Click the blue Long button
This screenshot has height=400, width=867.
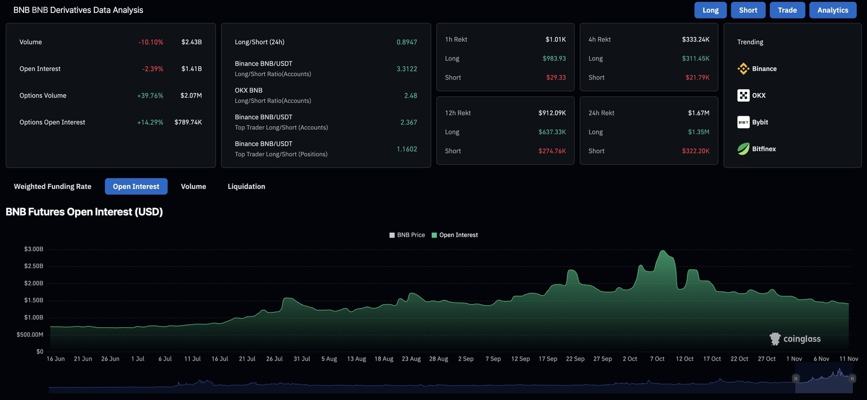pos(710,10)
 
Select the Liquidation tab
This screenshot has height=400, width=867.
pos(246,186)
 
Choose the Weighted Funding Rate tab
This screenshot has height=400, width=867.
pos(52,186)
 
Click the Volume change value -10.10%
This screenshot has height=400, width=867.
pos(151,42)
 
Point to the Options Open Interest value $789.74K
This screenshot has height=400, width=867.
pos(188,122)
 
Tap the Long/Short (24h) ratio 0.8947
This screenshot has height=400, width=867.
pos(406,42)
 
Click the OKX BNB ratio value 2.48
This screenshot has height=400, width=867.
pos(410,95)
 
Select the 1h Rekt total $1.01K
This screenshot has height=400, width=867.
pos(555,39)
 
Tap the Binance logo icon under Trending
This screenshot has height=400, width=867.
pos(743,69)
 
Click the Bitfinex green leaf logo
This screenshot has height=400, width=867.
pos(743,149)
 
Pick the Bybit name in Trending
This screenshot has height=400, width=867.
pos(760,122)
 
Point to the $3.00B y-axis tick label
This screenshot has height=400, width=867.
pos(33,249)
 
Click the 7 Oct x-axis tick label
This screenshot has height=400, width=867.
pos(657,359)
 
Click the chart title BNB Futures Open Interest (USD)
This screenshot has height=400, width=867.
pos(84,212)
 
